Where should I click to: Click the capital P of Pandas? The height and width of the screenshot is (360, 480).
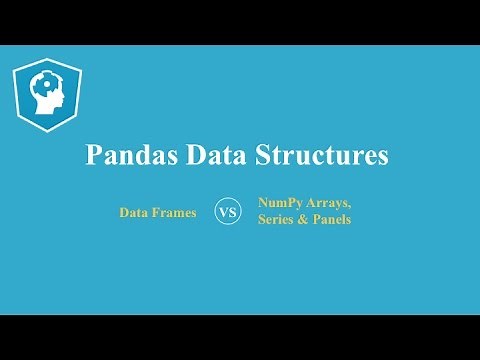pos(95,156)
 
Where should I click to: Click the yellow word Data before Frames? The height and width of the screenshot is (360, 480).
pos(135,213)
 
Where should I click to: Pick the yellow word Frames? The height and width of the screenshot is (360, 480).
pos(175,213)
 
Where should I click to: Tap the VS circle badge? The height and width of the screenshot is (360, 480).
pos(228,212)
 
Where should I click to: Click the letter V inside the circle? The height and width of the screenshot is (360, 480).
pos(223,213)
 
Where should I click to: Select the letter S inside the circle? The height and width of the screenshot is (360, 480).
pos(233,213)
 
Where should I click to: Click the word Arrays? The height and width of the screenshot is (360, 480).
pos(329,203)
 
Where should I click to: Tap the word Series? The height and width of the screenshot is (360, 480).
pos(276,220)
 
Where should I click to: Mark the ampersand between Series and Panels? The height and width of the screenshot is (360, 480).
pos(306,220)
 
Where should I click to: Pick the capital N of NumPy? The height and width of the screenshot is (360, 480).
pos(263,203)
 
